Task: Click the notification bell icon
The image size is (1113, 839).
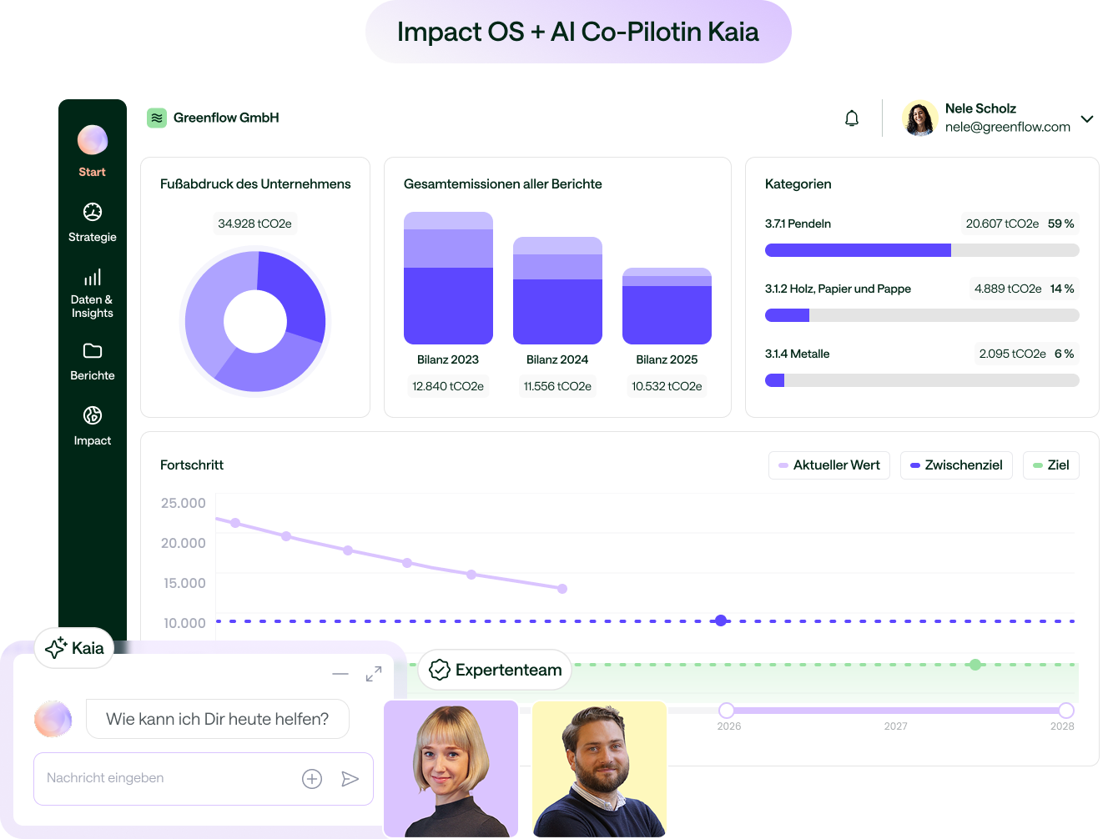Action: [851, 118]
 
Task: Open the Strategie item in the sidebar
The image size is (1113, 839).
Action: [93, 222]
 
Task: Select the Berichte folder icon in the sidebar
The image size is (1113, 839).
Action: [93, 351]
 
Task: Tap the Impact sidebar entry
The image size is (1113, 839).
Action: [93, 425]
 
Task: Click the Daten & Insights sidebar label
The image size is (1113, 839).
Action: [92, 306]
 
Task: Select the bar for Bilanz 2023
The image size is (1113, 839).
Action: [448, 279]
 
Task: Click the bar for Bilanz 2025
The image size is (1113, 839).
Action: [667, 306]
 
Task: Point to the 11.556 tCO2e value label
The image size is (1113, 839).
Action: [557, 386]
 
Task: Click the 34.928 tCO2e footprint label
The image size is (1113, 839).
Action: [254, 224]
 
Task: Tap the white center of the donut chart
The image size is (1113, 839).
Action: [255, 321]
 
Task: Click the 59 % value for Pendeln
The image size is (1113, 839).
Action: [1060, 224]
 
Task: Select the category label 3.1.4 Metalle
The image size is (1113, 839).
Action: [797, 354]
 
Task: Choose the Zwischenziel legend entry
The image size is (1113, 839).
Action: [956, 465]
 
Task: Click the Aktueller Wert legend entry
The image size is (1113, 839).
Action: [829, 465]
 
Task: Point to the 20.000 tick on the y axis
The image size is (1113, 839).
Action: [184, 543]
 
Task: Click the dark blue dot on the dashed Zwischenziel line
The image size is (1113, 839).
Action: [721, 620]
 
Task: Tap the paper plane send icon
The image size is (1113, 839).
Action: [350, 779]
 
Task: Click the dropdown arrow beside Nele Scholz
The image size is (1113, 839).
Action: [1087, 118]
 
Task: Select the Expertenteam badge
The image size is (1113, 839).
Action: [496, 670]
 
